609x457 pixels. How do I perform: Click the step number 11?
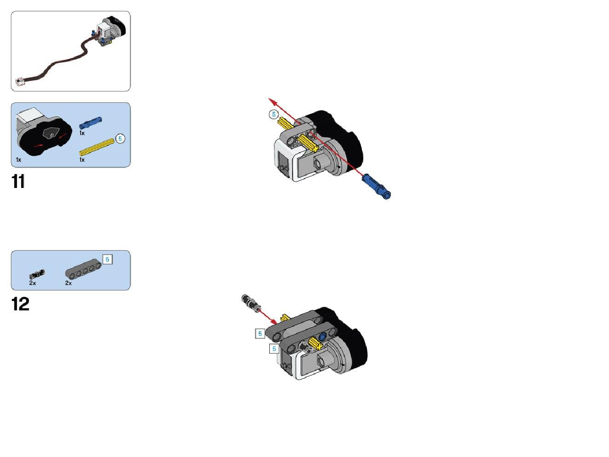tap(18, 181)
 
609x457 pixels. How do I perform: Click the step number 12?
tap(20, 304)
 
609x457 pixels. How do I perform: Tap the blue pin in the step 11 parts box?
tap(91, 122)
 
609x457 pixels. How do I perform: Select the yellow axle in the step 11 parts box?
tap(97, 147)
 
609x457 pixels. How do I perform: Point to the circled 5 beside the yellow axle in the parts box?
tap(120, 138)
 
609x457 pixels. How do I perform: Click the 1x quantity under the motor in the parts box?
tap(18, 160)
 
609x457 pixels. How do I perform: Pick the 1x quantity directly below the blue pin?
tap(82, 133)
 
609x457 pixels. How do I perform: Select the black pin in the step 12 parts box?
tap(37, 274)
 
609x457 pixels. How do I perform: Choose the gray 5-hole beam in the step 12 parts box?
tap(83, 269)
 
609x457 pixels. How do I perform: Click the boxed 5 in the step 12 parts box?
tap(108, 260)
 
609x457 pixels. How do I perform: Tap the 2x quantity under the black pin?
tap(32, 283)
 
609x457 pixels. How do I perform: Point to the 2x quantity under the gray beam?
tap(68, 283)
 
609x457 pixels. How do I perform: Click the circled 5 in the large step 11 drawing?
tap(274, 114)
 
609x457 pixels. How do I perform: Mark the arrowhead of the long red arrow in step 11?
tap(271, 100)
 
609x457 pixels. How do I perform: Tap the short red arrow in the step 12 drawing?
tap(267, 317)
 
